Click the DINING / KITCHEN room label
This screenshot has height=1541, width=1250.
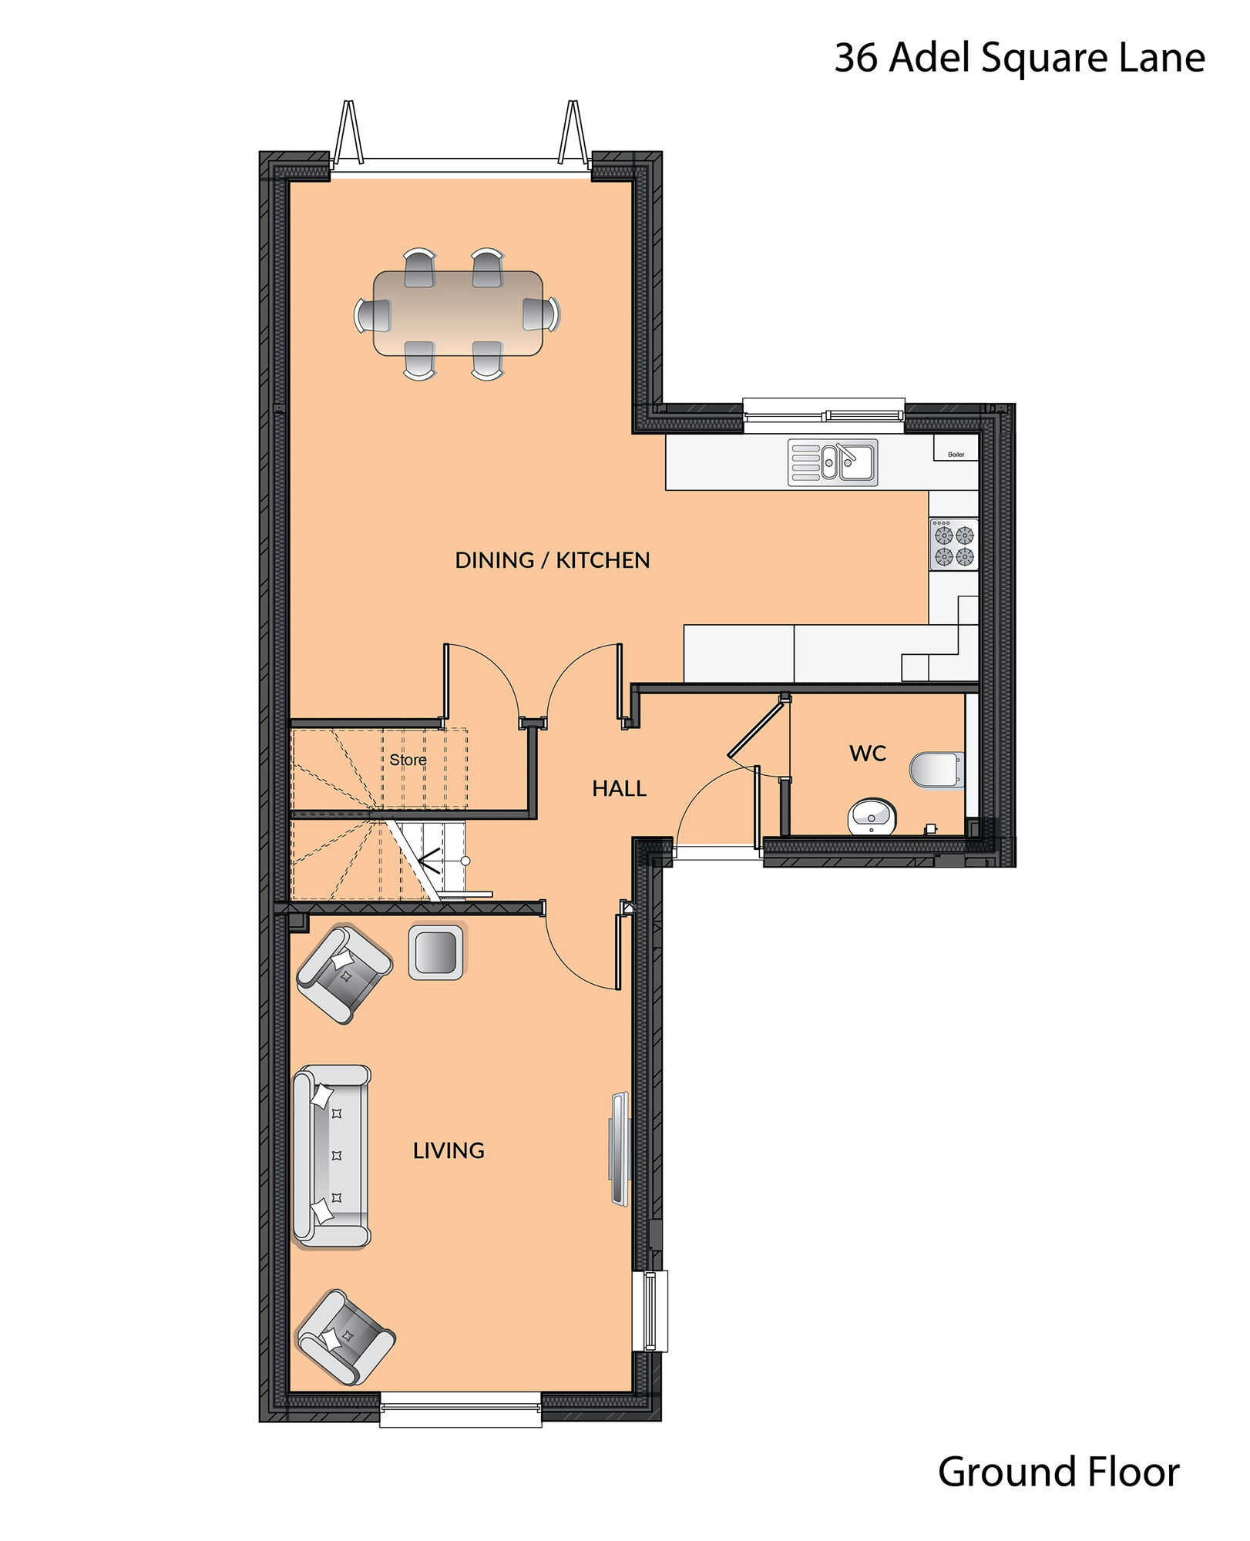tap(552, 560)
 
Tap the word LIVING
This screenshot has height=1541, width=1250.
tap(449, 1150)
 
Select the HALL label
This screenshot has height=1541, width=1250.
tap(619, 788)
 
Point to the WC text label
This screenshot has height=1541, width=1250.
tap(868, 753)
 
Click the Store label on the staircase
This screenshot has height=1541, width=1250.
tap(408, 760)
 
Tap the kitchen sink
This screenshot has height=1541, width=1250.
tap(832, 462)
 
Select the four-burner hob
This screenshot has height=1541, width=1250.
tap(953, 545)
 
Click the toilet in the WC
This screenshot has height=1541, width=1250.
tap(936, 769)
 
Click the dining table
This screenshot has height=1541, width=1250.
tap(458, 313)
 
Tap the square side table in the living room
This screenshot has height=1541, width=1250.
tap(435, 952)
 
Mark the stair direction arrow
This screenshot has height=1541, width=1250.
tap(428, 860)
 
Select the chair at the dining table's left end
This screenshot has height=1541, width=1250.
tap(373, 315)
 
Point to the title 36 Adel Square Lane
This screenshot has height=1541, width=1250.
tap(1019, 58)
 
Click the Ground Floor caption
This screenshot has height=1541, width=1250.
tap(1058, 1472)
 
